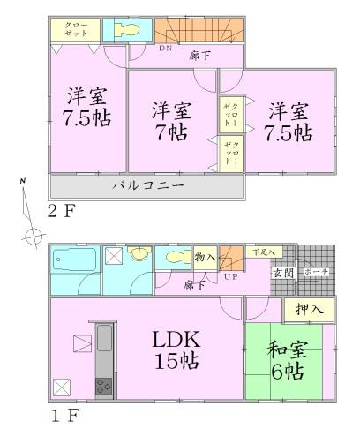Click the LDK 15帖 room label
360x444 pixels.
tap(178, 350)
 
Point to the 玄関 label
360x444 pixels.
tap(284, 272)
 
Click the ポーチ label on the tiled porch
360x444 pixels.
tap(315, 272)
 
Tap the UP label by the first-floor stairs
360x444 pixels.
tap(231, 277)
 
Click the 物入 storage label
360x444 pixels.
tap(205, 256)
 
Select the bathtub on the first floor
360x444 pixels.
tap(73, 262)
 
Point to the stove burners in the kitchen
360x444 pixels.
tap(102, 386)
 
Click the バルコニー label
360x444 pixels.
tap(147, 187)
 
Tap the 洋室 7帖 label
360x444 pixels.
tap(170, 122)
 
